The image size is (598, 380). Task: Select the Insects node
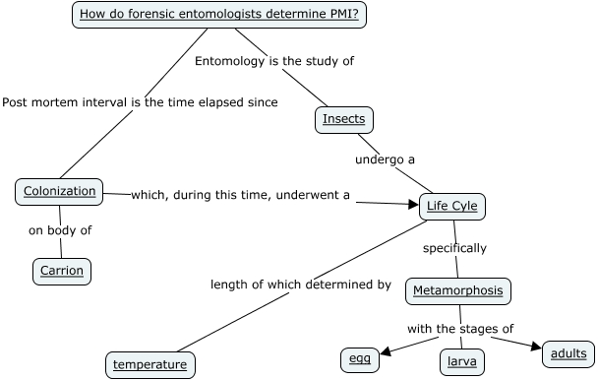[x=344, y=120]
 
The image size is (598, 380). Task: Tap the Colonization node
[x=59, y=191]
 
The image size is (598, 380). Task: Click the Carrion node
[x=62, y=270]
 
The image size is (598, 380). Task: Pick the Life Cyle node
[x=452, y=207]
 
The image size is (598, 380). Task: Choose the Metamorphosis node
[x=458, y=290]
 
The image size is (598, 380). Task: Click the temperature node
[x=149, y=364]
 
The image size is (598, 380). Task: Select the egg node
[x=359, y=359]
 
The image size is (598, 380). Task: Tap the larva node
[x=460, y=361]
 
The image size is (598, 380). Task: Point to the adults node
[x=568, y=352]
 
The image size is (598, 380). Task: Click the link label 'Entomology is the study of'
[x=273, y=61]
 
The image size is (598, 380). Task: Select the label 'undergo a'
[x=386, y=158]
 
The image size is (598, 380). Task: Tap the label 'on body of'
[x=60, y=231]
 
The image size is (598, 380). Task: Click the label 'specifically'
[x=454, y=248]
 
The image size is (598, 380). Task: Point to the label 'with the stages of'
[x=461, y=329]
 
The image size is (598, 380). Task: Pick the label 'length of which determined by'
[x=301, y=285]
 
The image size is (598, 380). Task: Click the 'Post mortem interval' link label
[x=140, y=101]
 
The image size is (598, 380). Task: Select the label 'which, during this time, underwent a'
[x=240, y=195]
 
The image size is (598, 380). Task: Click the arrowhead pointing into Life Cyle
[x=412, y=204]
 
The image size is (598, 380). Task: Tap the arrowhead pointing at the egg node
[x=387, y=350]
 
